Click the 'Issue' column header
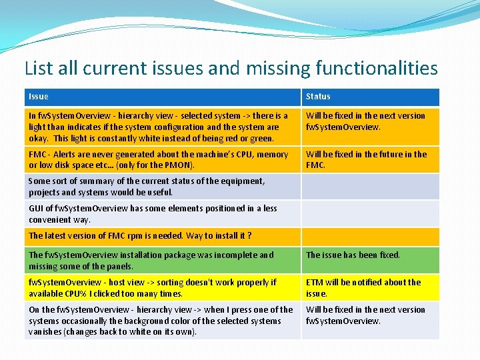pos(39,97)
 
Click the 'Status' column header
pos(318,97)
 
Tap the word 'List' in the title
pos(39,68)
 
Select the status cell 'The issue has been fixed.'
pos(353,255)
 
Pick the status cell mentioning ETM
pos(363,287)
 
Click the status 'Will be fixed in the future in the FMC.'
pos(366,159)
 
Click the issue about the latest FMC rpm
pos(140,235)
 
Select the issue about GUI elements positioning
pos(153,213)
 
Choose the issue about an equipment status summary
pos(147,186)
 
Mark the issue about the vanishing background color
pos(161,320)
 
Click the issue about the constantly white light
pos(159,127)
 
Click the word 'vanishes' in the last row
pos(44,331)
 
